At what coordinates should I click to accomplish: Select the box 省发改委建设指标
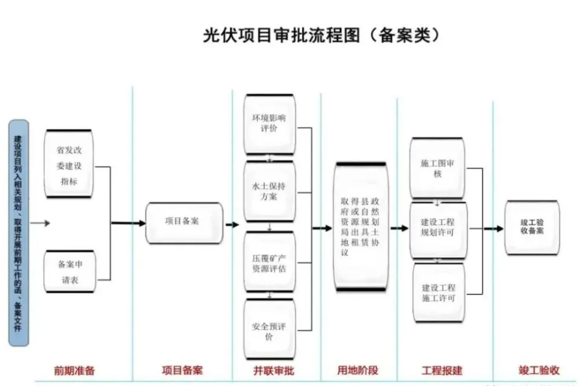69,163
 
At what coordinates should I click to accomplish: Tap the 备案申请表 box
69,272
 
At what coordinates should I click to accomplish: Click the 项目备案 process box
184,223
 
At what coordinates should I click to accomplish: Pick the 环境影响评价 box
269,124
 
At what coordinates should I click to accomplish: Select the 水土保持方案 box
269,191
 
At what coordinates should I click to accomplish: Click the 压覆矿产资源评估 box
269,261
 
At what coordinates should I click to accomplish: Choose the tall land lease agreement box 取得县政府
360,227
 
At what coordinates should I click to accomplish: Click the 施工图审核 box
436,168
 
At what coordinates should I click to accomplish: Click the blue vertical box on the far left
19,232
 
